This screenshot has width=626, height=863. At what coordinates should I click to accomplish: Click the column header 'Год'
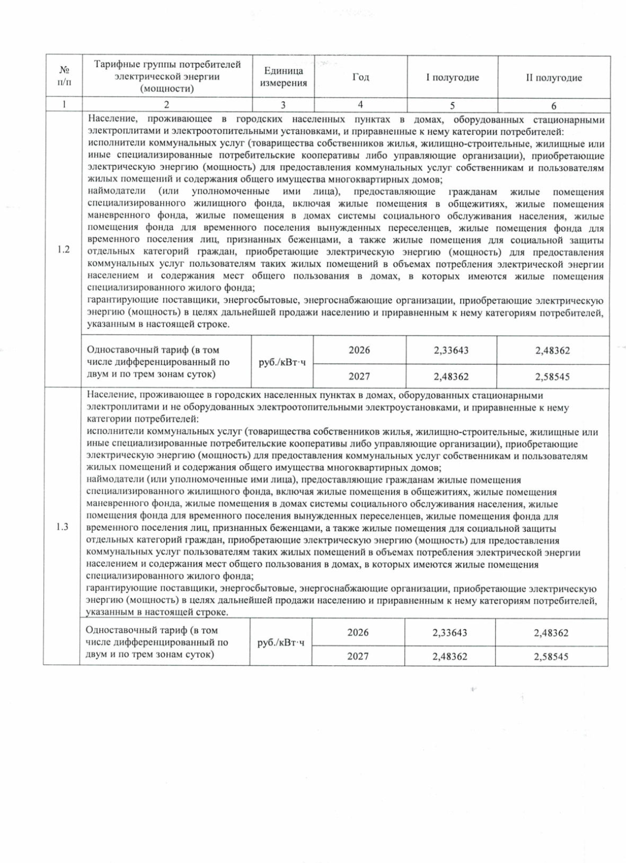coord(360,77)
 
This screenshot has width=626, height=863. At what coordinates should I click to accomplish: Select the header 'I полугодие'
coord(452,78)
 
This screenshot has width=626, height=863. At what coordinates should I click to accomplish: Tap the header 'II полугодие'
coord(553,78)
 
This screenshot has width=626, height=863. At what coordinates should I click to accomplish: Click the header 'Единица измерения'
coord(283,77)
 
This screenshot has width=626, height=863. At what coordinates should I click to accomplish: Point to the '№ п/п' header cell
coord(64,76)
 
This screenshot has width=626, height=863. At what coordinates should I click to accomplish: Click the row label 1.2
coord(64,249)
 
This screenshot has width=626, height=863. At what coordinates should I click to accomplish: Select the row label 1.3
coord(62,526)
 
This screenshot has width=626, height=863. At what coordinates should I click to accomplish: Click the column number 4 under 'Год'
coord(360,104)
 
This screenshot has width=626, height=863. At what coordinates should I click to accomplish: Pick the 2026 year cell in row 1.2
coord(359,350)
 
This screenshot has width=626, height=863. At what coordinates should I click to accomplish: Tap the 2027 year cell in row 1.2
coord(359,376)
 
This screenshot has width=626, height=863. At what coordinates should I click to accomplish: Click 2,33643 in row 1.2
coord(451,351)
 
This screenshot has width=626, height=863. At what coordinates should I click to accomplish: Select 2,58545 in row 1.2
coord(552,377)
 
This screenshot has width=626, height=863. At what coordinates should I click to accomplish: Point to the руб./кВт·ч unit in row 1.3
coord(281,643)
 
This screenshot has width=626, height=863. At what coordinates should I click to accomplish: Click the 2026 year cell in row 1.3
coord(358,632)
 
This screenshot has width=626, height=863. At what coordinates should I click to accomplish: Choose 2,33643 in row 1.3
coord(450,633)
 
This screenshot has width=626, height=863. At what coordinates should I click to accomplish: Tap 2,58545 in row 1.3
coord(551,657)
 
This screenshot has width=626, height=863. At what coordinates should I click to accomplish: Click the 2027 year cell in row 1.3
coord(358,656)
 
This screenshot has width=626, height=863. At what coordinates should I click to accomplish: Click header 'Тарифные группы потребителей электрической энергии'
coord(167,77)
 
